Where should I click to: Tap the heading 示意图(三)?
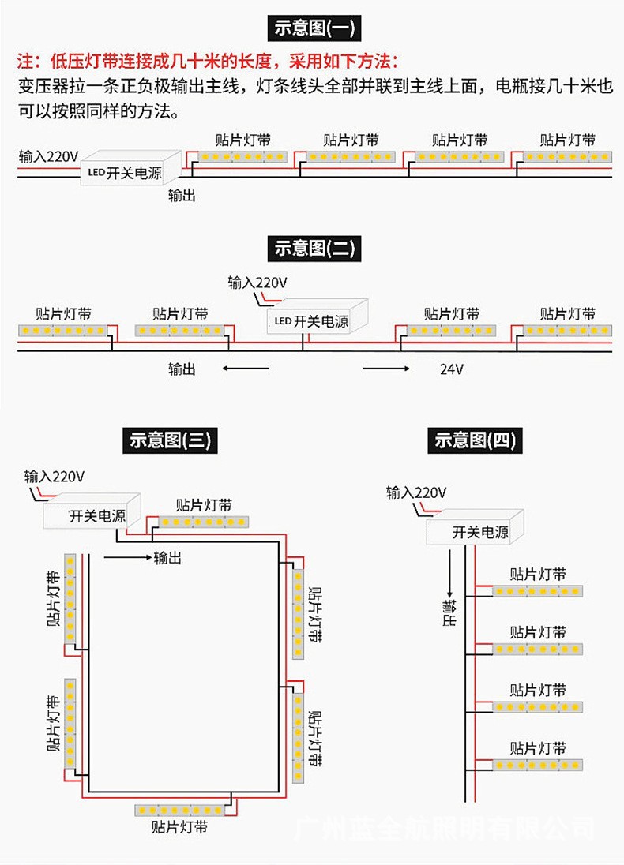171,440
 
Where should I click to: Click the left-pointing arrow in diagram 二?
241,369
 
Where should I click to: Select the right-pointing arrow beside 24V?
387,369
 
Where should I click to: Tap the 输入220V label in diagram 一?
48,155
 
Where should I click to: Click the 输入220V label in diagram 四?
416,493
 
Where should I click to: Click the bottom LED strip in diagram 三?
180,809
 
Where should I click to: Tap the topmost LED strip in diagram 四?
538,591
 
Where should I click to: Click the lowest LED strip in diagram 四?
538,765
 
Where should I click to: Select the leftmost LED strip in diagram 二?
62,330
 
